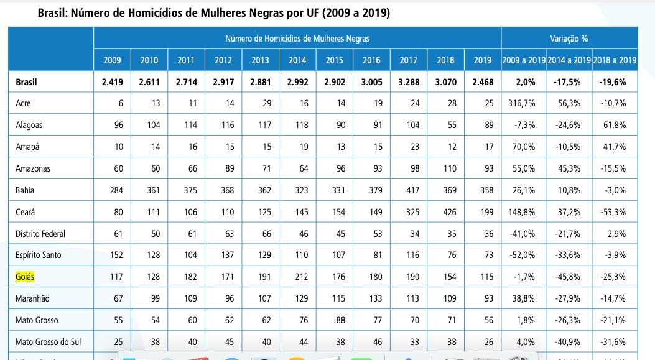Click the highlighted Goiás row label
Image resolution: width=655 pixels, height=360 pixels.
(x=26, y=277)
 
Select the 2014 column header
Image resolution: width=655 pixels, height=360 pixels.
(x=297, y=60)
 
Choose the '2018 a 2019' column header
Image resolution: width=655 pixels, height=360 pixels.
(x=615, y=60)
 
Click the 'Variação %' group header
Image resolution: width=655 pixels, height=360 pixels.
(x=569, y=39)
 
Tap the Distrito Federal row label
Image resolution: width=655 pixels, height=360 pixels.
(x=40, y=234)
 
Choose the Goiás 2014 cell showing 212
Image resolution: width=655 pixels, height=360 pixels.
(x=299, y=277)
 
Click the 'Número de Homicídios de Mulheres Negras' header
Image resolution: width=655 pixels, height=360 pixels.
(x=297, y=39)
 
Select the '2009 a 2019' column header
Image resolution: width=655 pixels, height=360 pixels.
(x=524, y=60)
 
